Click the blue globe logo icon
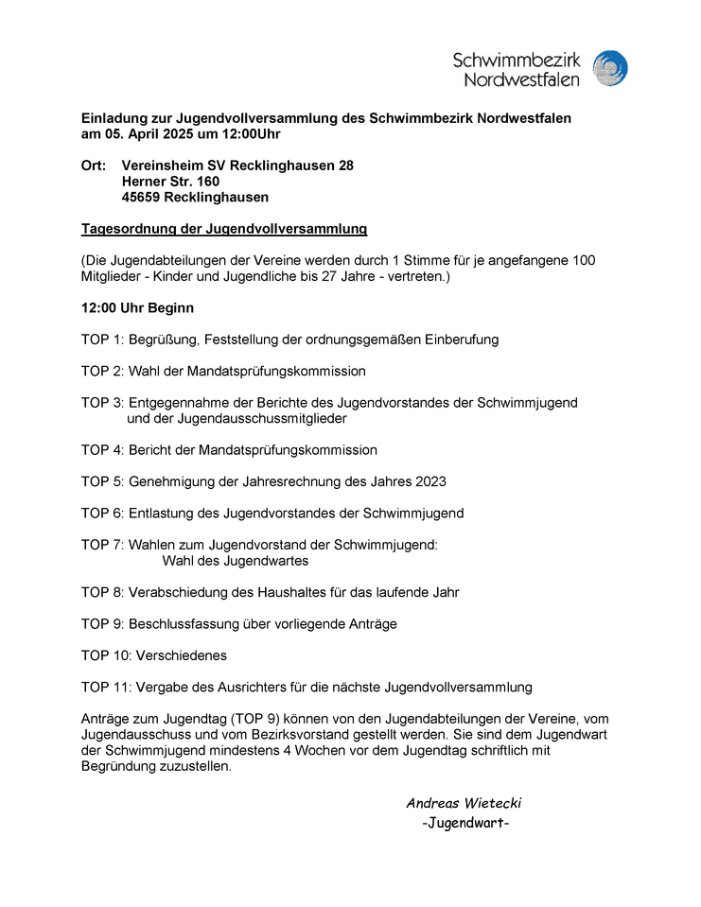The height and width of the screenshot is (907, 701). (610, 69)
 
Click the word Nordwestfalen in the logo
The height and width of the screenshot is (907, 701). (521, 79)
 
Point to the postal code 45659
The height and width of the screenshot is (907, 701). (141, 198)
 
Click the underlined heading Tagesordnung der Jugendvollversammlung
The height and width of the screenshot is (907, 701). (224, 229)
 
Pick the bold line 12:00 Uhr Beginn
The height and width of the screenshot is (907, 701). (138, 308)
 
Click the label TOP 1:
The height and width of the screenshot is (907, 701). (102, 340)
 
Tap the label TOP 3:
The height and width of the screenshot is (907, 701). (102, 403)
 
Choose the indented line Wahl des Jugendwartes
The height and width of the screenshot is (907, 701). (236, 561)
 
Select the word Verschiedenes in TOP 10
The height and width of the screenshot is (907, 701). (184, 655)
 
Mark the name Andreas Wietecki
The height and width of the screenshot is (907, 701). (464, 804)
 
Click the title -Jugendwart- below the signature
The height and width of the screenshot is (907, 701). (465, 823)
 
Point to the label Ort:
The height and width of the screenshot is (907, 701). (94, 166)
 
